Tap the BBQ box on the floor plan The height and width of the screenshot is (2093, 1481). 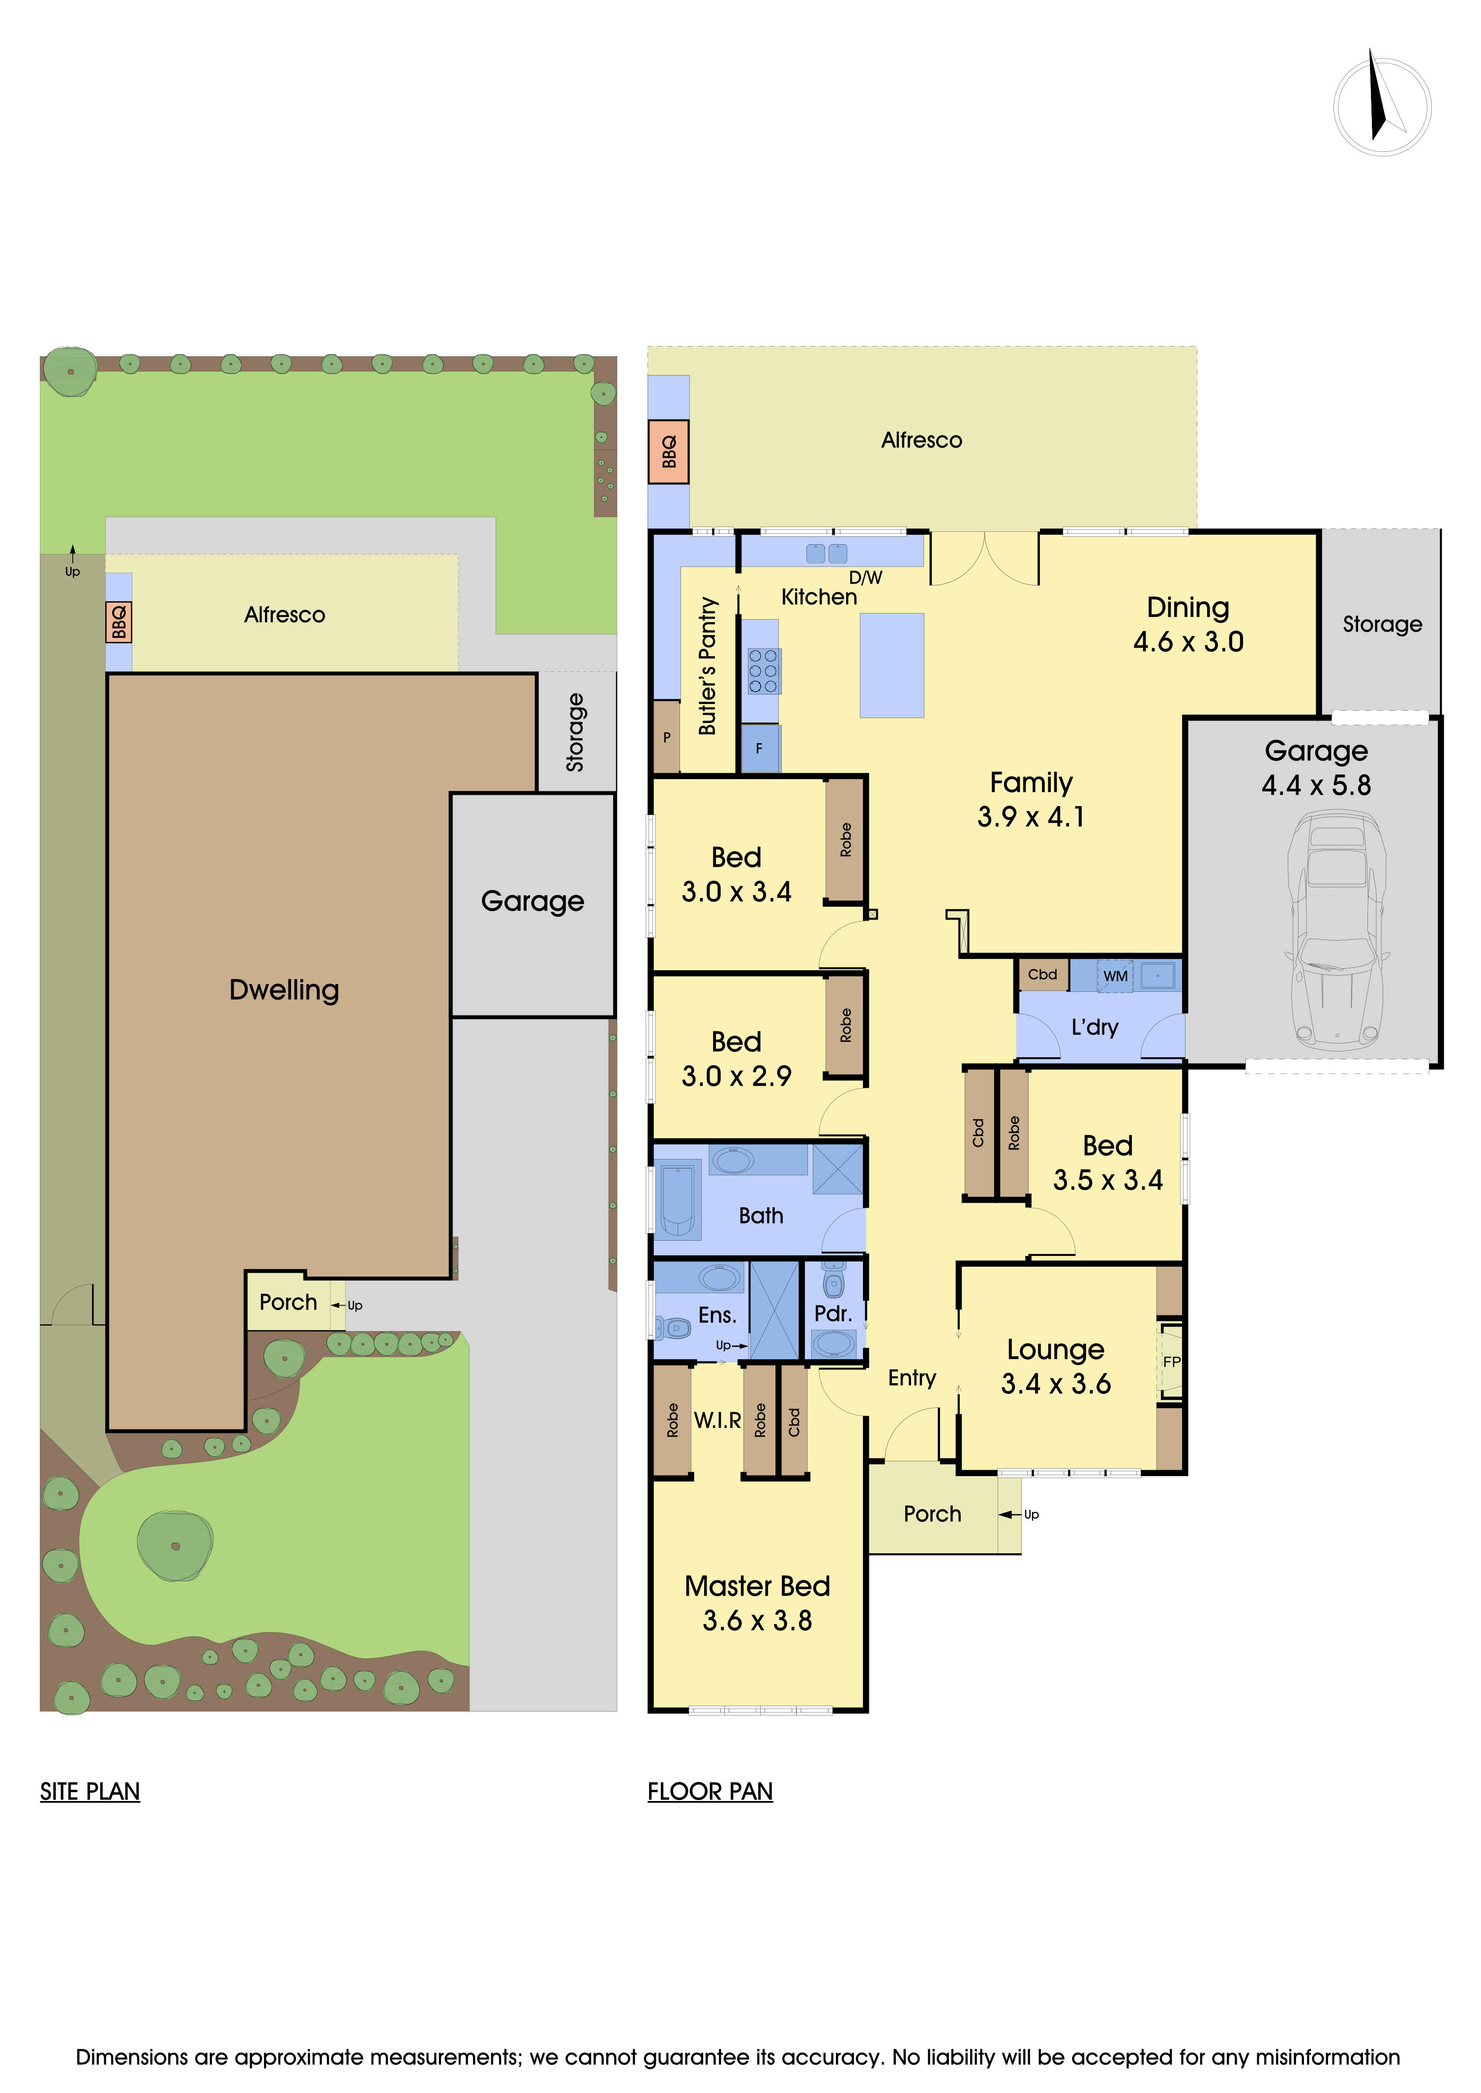(668, 451)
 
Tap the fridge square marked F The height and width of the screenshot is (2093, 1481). (759, 749)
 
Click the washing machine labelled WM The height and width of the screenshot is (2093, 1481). (1115, 975)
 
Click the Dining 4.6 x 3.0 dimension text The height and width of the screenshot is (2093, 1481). (1187, 642)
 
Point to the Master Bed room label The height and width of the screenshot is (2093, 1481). (757, 1586)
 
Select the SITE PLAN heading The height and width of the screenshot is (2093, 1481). (89, 1791)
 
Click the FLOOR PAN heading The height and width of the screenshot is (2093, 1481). (710, 1791)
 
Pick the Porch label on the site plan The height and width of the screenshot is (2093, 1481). (288, 1302)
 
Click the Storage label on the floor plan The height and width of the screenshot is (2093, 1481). (1382, 624)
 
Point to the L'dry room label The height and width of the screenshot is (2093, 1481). (1095, 1027)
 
